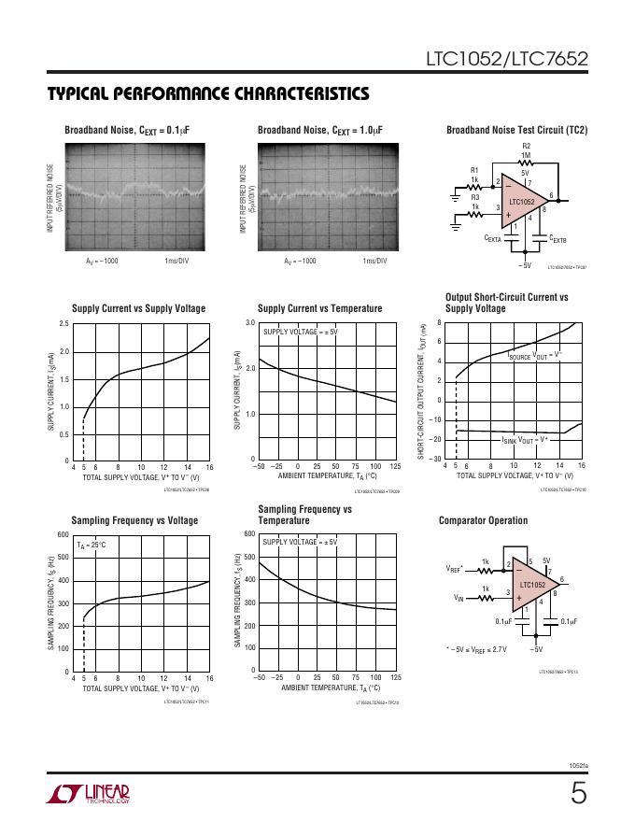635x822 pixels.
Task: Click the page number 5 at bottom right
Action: coord(579,795)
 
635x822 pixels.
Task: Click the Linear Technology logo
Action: coord(88,795)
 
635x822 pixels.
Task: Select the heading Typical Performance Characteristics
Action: coord(207,94)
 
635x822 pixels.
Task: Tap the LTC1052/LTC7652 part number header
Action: coord(505,59)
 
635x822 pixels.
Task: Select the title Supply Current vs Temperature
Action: coord(319,308)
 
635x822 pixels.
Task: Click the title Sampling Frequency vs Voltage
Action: coord(134,520)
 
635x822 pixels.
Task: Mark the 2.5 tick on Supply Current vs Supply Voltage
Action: coord(63,323)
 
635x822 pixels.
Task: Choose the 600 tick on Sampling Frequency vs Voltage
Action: coord(63,534)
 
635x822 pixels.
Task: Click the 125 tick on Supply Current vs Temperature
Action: coord(396,466)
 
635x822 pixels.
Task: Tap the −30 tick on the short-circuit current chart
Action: coord(436,459)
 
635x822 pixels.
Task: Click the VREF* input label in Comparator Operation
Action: coord(455,567)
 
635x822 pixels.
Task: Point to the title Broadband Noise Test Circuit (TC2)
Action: coord(517,130)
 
